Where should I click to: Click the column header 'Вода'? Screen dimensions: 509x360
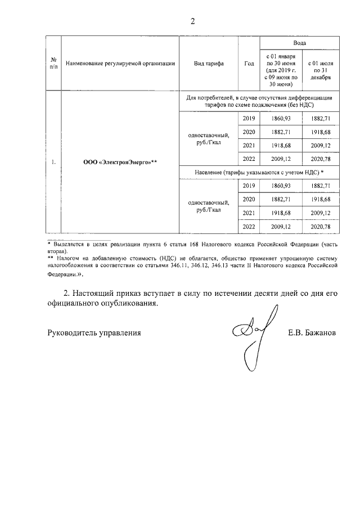coord(299,43)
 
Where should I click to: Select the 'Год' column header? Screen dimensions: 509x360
coord(249,64)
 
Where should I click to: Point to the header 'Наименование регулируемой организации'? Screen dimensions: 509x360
coord(120,64)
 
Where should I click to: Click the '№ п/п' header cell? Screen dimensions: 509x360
coord(53,64)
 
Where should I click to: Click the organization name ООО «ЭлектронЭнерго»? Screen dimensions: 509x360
coord(120,163)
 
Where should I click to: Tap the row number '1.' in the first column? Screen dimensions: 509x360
coord(53,163)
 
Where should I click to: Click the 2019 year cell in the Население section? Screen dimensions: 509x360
coord(249,186)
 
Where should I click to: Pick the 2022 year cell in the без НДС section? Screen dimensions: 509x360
coord(249,159)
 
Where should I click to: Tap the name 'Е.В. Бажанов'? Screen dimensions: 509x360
coord(312,333)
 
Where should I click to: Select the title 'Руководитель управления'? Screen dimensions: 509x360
coord(93,333)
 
